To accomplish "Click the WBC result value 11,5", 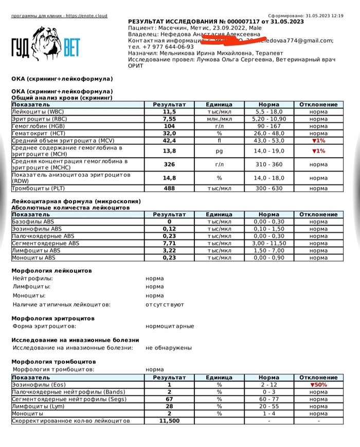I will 170,111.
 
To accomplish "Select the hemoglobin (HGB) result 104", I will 170,126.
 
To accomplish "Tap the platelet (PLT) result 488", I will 170,189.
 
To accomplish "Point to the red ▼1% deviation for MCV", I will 319,140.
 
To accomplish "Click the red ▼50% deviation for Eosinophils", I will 319,385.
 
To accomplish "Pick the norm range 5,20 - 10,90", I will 269,119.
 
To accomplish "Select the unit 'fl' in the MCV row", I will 219,140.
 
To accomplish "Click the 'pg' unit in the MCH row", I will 219,151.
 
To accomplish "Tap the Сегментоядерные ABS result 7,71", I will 170,243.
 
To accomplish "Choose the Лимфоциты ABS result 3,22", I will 170,250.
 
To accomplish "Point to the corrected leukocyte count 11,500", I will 170,421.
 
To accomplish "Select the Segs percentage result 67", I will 170,399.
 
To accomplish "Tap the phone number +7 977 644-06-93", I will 161,47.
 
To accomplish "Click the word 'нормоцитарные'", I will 170,326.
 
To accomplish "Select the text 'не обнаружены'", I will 169,348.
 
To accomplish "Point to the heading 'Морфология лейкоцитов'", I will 51,270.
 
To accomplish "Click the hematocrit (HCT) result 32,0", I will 170,133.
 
